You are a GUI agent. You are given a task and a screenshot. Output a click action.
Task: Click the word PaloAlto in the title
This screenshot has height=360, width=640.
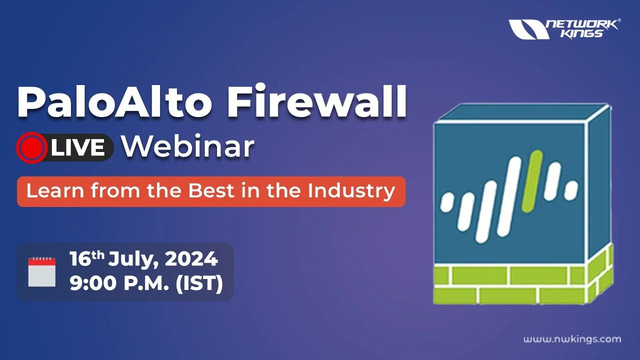(x=115, y=101)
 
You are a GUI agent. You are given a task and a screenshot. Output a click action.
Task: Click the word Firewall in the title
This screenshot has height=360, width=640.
(x=317, y=101)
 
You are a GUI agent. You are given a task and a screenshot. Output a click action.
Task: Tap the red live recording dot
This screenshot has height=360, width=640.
(x=32, y=147)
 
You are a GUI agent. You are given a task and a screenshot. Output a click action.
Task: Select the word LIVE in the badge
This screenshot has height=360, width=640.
(x=78, y=147)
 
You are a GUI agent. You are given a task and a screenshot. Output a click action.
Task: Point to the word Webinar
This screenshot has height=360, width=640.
(x=188, y=146)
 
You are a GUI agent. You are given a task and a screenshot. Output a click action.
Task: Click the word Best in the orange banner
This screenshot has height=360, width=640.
(x=211, y=190)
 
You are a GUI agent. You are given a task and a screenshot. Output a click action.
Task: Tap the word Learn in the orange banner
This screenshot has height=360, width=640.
(x=55, y=190)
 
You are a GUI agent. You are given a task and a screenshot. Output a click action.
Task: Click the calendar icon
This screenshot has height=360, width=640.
(x=42, y=271)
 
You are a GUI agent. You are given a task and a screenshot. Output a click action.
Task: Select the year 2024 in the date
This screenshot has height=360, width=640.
(x=191, y=259)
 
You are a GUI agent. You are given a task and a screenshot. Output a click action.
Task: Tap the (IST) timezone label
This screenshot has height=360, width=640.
(x=199, y=283)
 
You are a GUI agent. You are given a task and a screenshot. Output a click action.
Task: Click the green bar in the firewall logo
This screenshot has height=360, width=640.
(x=532, y=181)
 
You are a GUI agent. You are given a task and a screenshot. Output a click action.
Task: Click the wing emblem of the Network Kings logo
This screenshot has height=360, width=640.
(x=528, y=29)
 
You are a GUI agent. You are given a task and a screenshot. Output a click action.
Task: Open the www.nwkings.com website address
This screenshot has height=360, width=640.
(x=572, y=339)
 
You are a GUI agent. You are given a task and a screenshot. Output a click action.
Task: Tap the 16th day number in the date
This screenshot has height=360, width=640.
(x=87, y=258)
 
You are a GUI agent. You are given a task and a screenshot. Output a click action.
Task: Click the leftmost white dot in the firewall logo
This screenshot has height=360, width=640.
(x=447, y=202)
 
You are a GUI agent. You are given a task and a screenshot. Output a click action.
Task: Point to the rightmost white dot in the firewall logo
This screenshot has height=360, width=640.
(x=571, y=189)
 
